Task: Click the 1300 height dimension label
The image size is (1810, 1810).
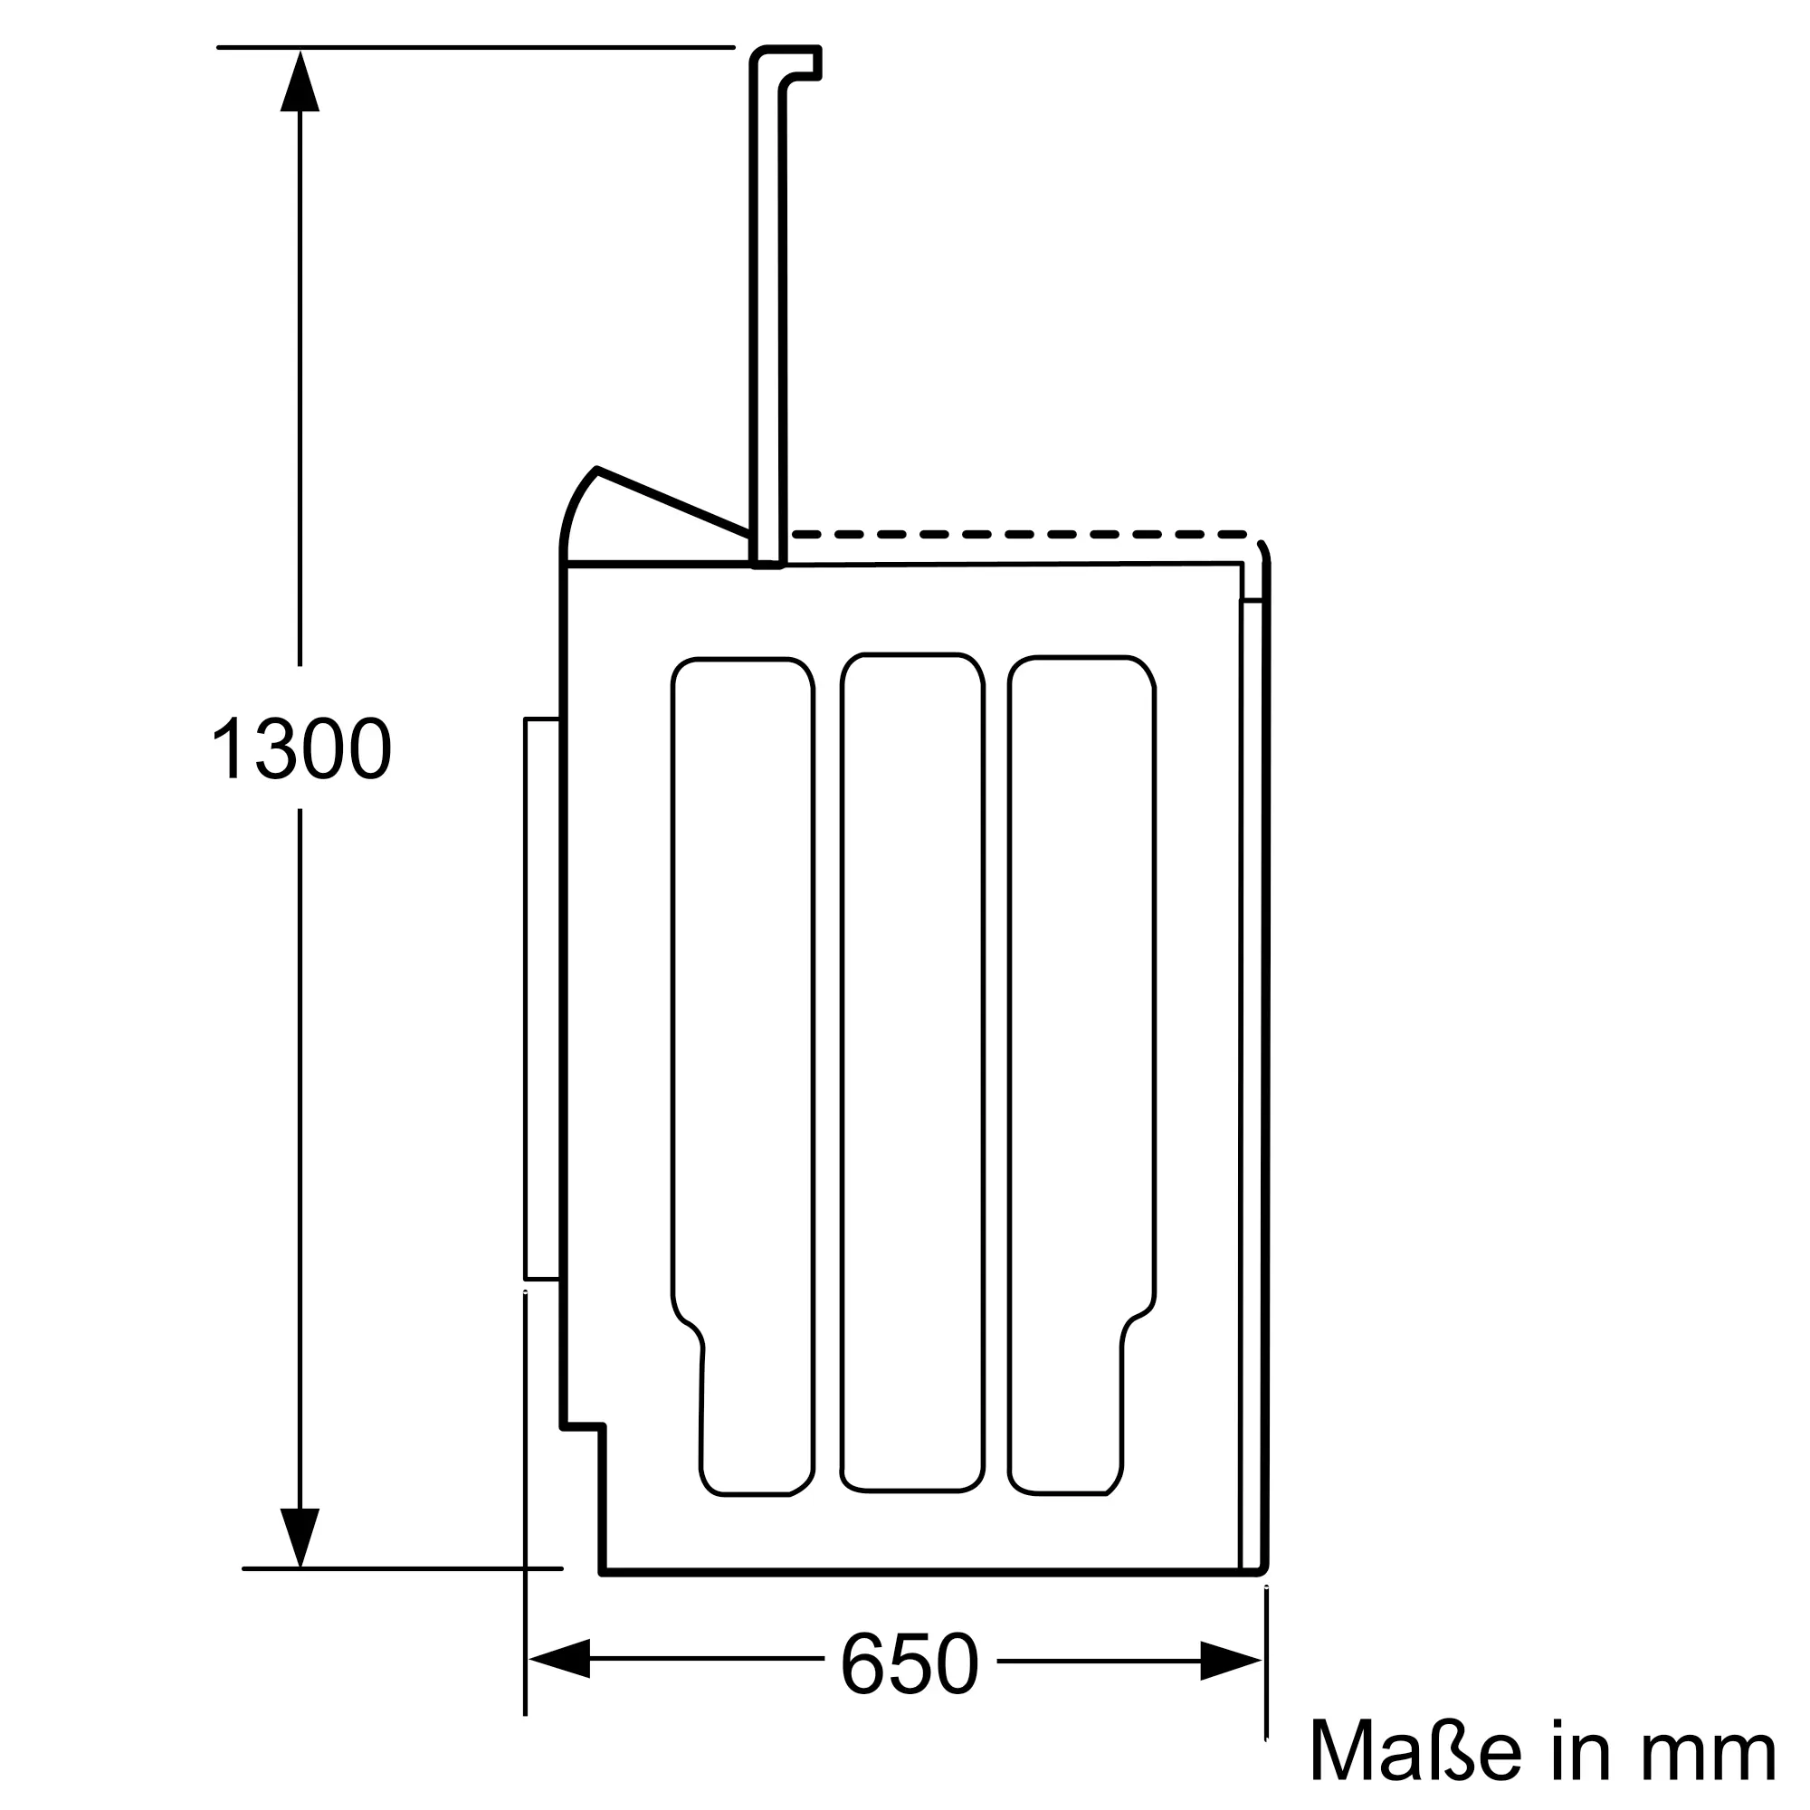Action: tap(301, 748)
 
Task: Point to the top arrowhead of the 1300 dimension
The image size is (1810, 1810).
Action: tap(300, 81)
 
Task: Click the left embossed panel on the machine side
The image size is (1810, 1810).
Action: tap(742, 1077)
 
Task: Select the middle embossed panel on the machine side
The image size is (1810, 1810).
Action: tap(912, 1072)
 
